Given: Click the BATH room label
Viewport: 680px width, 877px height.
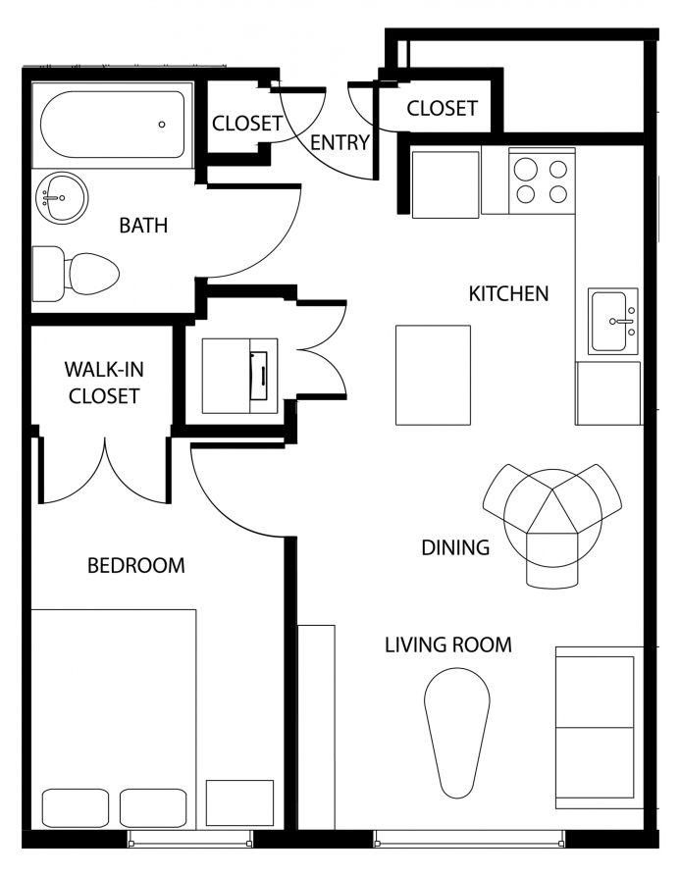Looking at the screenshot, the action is [143, 225].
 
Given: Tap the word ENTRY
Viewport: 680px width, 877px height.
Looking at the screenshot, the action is [340, 142].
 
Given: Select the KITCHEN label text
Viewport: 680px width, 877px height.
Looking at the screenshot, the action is [508, 293].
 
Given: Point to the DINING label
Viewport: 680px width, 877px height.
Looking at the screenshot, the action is [455, 547].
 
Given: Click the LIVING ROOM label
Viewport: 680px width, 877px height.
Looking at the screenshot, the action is [448, 645].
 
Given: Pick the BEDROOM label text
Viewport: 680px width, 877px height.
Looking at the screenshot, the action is [136, 565].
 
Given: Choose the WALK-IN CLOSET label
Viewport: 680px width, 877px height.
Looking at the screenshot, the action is [104, 383].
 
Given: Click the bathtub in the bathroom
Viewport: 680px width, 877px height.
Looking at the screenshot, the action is [113, 125].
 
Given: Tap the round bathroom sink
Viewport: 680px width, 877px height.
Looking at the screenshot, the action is [62, 198].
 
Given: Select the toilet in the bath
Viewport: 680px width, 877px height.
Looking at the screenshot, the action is [76, 274].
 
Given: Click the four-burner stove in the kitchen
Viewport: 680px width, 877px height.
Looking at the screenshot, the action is [542, 181].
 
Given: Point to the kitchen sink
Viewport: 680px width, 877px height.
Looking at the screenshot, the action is [613, 322].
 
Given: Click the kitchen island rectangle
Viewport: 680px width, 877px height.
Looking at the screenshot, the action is [433, 376].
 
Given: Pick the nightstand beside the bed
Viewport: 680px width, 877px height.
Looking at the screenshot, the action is [239, 802].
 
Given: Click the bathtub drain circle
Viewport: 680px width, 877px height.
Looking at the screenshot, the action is [162, 125].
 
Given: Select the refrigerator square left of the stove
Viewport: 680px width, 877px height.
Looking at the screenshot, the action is [446, 184].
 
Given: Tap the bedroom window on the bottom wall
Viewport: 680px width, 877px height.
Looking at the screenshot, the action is [190, 839].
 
